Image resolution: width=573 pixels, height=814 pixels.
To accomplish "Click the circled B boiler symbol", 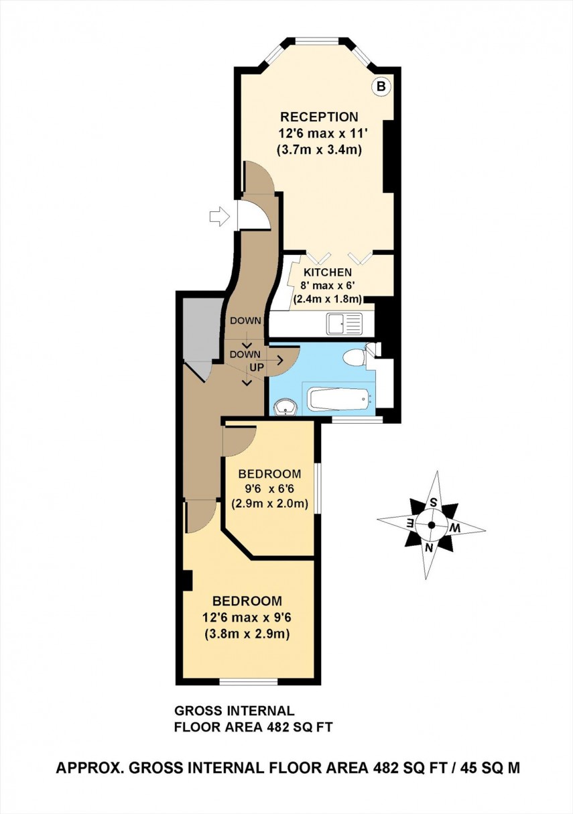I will (x=381, y=86).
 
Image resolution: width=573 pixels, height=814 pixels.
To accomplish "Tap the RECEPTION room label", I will (x=319, y=117).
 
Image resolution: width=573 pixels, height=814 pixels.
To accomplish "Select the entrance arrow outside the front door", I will (x=219, y=216).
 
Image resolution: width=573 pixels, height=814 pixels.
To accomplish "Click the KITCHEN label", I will (x=328, y=273).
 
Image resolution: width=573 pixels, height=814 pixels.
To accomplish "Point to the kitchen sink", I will (x=344, y=324).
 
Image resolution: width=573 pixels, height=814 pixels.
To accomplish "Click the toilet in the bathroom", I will (x=355, y=357).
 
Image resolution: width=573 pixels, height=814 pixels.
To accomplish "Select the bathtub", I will (x=338, y=400).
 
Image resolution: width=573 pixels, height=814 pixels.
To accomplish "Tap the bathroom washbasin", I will (x=287, y=406).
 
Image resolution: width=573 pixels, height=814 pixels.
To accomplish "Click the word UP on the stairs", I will (x=256, y=367).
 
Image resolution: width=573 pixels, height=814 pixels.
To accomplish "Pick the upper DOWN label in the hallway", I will (x=245, y=321).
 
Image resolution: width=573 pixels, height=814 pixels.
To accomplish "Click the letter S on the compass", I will (x=434, y=502).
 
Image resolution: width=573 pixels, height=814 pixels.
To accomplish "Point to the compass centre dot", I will (x=431, y=524).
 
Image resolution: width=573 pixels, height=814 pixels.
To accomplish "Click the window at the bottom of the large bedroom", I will (x=249, y=682).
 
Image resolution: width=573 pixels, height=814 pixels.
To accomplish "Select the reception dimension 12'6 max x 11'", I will (x=319, y=133).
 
